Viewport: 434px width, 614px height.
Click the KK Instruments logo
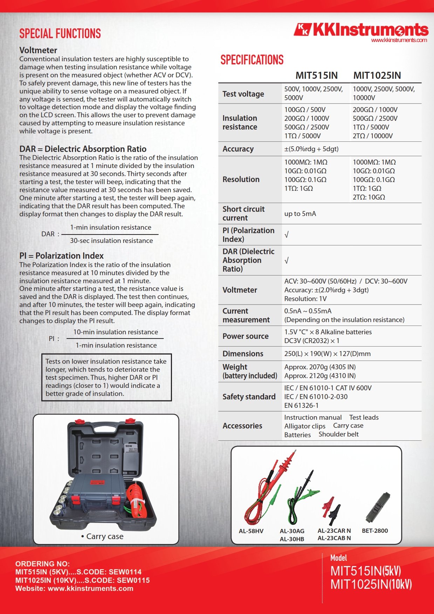[x=361, y=30]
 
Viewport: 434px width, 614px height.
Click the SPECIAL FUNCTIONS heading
[x=60, y=34]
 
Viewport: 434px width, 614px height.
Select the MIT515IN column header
[x=316, y=75]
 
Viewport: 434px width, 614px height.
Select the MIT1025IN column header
[x=377, y=75]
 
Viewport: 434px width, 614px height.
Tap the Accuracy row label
[x=238, y=149]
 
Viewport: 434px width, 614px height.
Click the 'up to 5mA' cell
[x=300, y=214]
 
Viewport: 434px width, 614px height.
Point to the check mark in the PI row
[x=287, y=235]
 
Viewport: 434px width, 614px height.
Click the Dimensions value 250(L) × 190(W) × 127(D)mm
[x=327, y=354]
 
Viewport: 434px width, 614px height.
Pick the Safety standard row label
[x=249, y=397]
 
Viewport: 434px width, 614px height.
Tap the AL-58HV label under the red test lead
[x=251, y=531]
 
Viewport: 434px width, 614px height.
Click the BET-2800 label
[x=375, y=531]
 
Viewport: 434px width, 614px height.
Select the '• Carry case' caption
[x=102, y=536]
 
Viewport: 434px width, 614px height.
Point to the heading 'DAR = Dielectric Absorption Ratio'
[x=83, y=149]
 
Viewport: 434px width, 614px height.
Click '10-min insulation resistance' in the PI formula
[x=116, y=332]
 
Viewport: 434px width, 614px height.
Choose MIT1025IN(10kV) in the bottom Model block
[x=371, y=584]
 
